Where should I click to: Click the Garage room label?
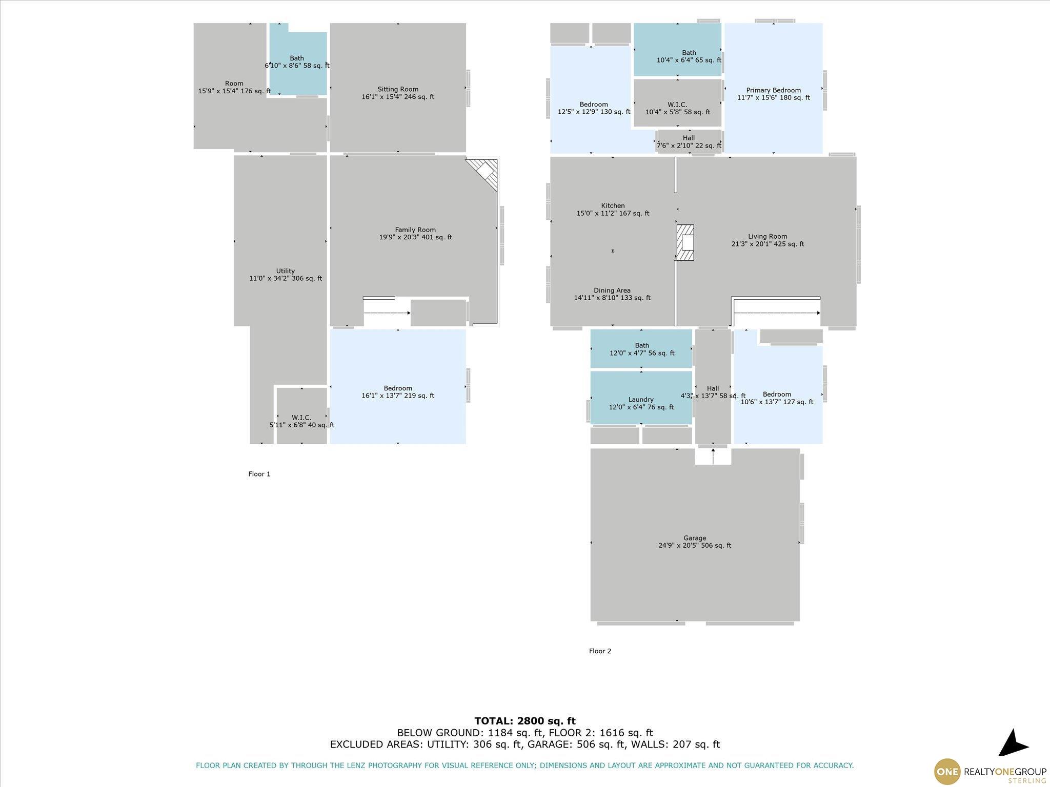[695, 542]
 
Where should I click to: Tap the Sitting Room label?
[398, 93]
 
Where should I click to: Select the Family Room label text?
[415, 234]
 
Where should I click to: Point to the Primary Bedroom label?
[774, 94]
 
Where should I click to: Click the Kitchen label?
[613, 210]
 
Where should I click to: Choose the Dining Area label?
[612, 294]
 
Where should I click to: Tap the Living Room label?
[768, 240]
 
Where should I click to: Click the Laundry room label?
[641, 403]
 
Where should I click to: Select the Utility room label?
[286, 275]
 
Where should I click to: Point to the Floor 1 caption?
[259, 474]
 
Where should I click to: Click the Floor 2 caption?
[600, 651]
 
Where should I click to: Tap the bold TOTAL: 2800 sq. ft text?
[525, 721]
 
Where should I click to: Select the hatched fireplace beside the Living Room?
[685, 242]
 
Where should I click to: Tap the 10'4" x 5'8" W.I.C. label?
[678, 108]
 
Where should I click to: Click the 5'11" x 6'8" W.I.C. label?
[301, 421]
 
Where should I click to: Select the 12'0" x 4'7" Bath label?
[642, 349]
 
